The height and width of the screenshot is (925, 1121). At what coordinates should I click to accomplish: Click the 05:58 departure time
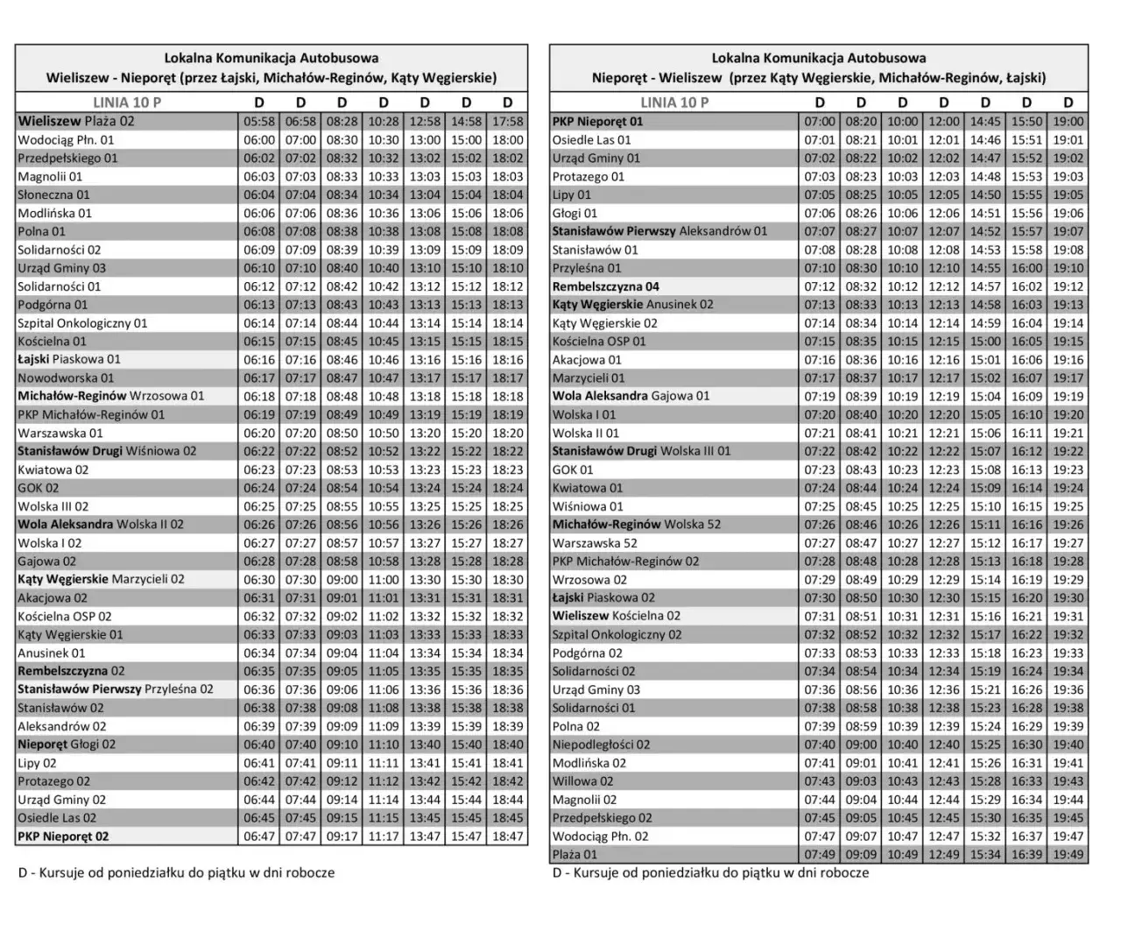click(x=259, y=122)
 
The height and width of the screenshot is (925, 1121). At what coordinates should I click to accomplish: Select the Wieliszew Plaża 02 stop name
click(x=76, y=122)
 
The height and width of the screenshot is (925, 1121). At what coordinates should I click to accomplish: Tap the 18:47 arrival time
click(x=508, y=837)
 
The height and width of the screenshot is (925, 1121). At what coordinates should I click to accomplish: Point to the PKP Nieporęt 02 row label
click(x=63, y=837)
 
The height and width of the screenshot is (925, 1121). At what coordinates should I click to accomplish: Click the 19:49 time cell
click(x=1068, y=854)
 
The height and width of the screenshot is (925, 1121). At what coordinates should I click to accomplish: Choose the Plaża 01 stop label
click(x=575, y=854)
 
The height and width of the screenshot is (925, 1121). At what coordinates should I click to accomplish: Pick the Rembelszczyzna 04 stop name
click(x=605, y=286)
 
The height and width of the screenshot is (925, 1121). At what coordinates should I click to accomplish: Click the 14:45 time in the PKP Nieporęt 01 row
click(x=985, y=122)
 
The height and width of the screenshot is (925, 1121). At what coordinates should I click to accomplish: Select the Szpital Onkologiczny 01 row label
click(x=82, y=323)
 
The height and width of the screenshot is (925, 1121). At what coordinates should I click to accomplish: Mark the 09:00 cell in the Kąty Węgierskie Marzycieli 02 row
click(x=342, y=580)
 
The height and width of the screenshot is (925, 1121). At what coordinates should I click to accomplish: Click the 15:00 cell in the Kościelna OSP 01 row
click(x=985, y=342)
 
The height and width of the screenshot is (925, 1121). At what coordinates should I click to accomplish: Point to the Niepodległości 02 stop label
click(x=601, y=745)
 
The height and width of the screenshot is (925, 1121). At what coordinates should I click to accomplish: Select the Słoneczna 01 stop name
click(x=53, y=194)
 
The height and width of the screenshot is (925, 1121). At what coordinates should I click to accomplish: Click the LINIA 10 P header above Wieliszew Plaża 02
click(x=127, y=102)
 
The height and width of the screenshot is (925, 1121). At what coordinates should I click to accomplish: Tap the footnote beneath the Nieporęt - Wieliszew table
click(x=710, y=872)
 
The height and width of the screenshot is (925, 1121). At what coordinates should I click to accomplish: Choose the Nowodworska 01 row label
click(x=66, y=378)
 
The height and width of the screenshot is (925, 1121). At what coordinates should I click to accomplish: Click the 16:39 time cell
click(x=1026, y=854)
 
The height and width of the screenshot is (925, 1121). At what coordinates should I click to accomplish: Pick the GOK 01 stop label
click(x=573, y=470)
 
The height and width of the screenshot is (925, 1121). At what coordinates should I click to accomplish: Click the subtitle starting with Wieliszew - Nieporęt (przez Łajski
click(x=271, y=78)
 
